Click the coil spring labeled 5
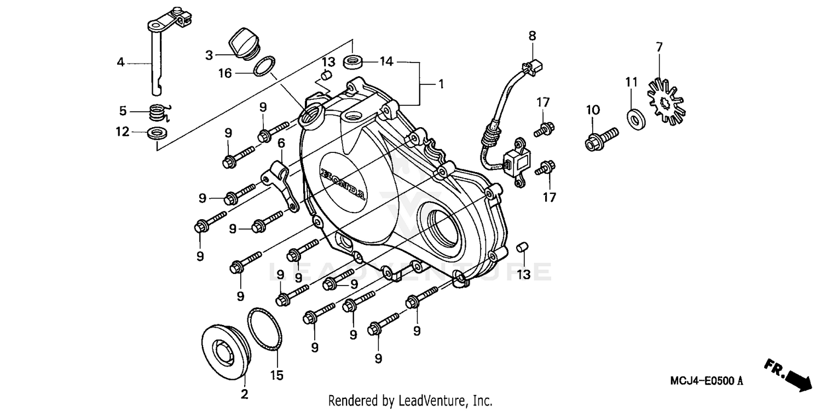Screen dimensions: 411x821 [x=158, y=113]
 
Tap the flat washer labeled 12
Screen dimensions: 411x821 [x=158, y=133]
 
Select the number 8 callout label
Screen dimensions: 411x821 [x=532, y=36]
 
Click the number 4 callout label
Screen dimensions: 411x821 [x=120, y=62]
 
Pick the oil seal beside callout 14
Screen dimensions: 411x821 [x=353, y=60]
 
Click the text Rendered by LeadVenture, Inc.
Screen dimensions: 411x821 [x=410, y=401]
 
